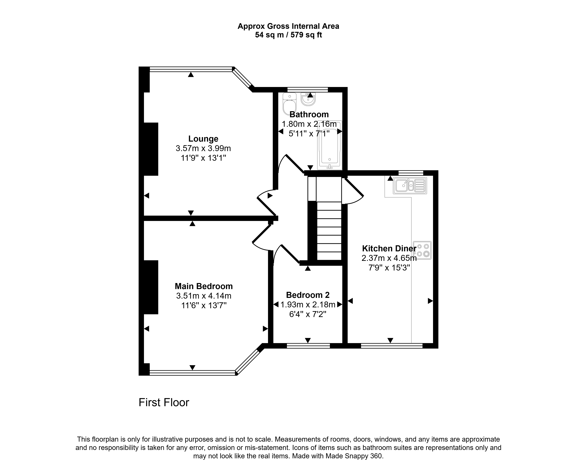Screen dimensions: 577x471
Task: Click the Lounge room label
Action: [x=203, y=139]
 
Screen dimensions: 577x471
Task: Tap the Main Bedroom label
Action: [x=204, y=286]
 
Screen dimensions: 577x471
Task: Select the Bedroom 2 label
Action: [x=308, y=295]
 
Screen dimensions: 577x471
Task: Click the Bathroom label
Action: [x=309, y=115]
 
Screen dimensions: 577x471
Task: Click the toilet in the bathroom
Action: [x=289, y=104]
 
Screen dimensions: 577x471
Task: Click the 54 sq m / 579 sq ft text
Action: [x=288, y=35]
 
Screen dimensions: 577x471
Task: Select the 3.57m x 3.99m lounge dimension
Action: [x=203, y=148]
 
